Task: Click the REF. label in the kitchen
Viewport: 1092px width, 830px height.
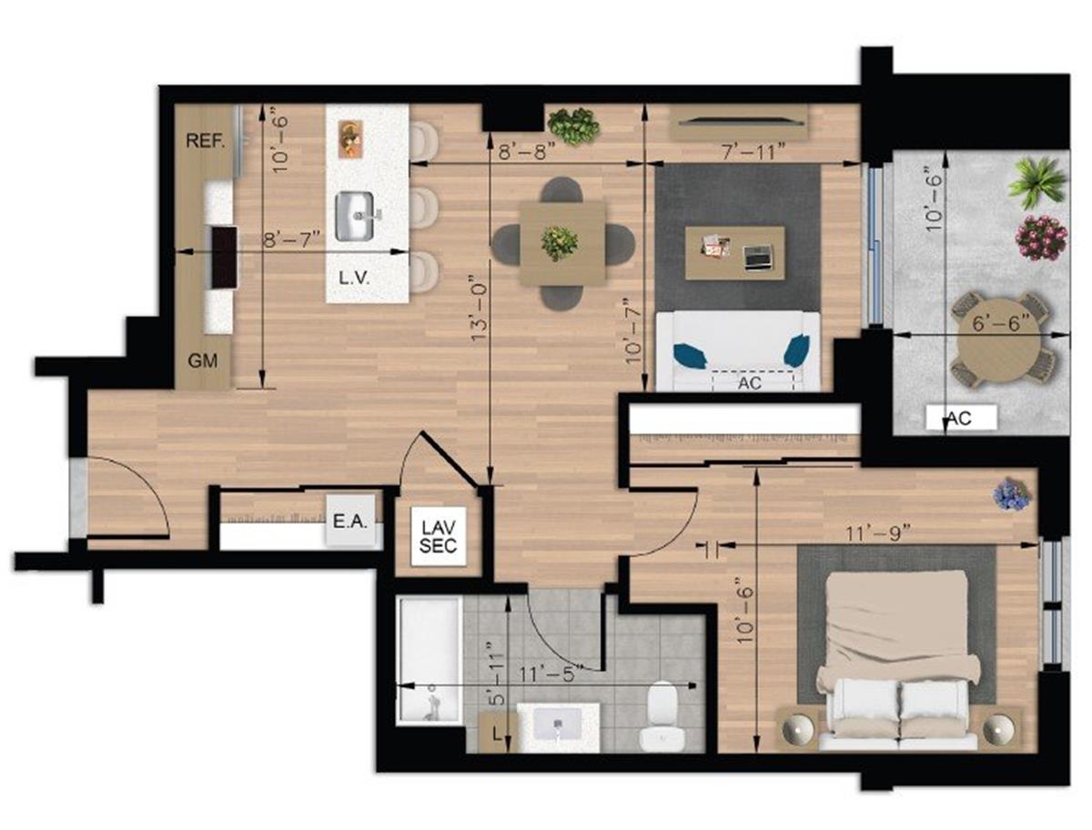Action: coord(206,141)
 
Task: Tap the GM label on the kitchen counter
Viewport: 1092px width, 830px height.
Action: coord(203,361)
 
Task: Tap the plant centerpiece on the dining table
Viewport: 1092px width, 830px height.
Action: coord(560,243)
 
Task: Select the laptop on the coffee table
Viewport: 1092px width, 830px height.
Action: coord(757,258)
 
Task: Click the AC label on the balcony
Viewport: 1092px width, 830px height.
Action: coord(960,418)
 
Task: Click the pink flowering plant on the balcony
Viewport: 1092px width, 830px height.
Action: coord(1041,237)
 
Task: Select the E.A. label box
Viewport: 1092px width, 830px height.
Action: coord(349,522)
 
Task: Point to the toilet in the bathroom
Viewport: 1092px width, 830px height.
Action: coord(660,714)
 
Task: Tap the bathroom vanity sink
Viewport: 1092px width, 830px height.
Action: coord(558,725)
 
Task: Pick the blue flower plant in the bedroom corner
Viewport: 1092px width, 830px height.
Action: coord(1012,493)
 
